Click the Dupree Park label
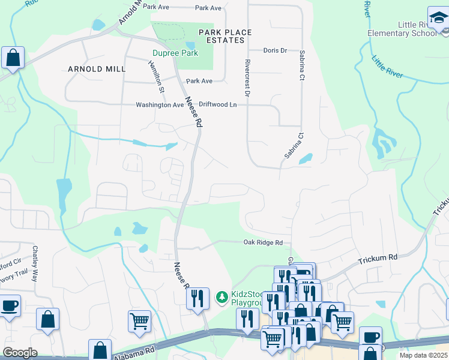(174, 53)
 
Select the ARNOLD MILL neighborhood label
(97, 69)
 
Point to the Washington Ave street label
(160, 104)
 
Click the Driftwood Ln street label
(218, 104)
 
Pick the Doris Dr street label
(275, 50)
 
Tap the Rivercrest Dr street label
(247, 77)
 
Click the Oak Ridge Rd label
(262, 242)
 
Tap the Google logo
(20, 353)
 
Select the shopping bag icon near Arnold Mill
(13, 58)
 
